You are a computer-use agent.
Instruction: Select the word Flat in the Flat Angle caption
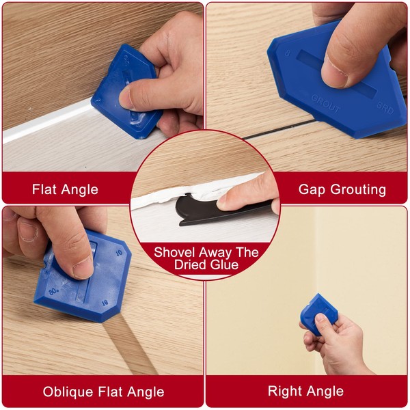coord(44,189)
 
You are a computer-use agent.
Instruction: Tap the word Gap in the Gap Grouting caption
coord(311,189)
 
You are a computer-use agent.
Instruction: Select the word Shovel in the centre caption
coord(174,252)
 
